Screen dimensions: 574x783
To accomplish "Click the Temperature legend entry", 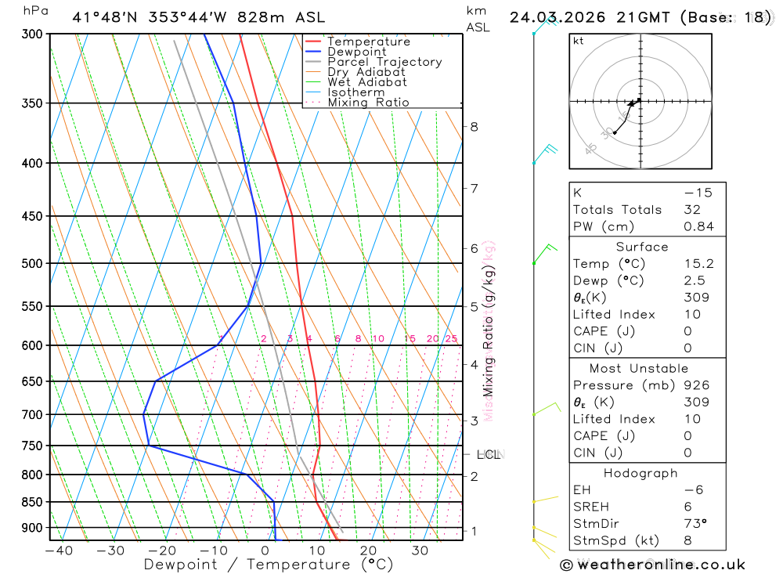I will [x=368, y=42].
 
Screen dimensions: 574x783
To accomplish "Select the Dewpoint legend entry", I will [x=356, y=52].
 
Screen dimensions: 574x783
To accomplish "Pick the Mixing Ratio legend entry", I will [x=368, y=103].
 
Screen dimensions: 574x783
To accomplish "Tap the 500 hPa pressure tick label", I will [x=31, y=263].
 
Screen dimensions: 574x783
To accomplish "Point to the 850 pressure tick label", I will [x=31, y=502].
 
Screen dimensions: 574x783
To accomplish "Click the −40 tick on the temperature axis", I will [x=59, y=551].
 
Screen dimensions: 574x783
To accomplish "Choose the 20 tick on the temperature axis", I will [x=368, y=551].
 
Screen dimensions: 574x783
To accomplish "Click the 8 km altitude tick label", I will [x=474, y=126].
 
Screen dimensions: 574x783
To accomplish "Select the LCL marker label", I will [x=488, y=454].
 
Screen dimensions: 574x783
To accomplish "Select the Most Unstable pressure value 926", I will [x=696, y=385].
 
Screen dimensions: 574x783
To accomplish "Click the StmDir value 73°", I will [x=693, y=524].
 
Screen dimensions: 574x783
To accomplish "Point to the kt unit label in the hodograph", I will [x=578, y=42].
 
